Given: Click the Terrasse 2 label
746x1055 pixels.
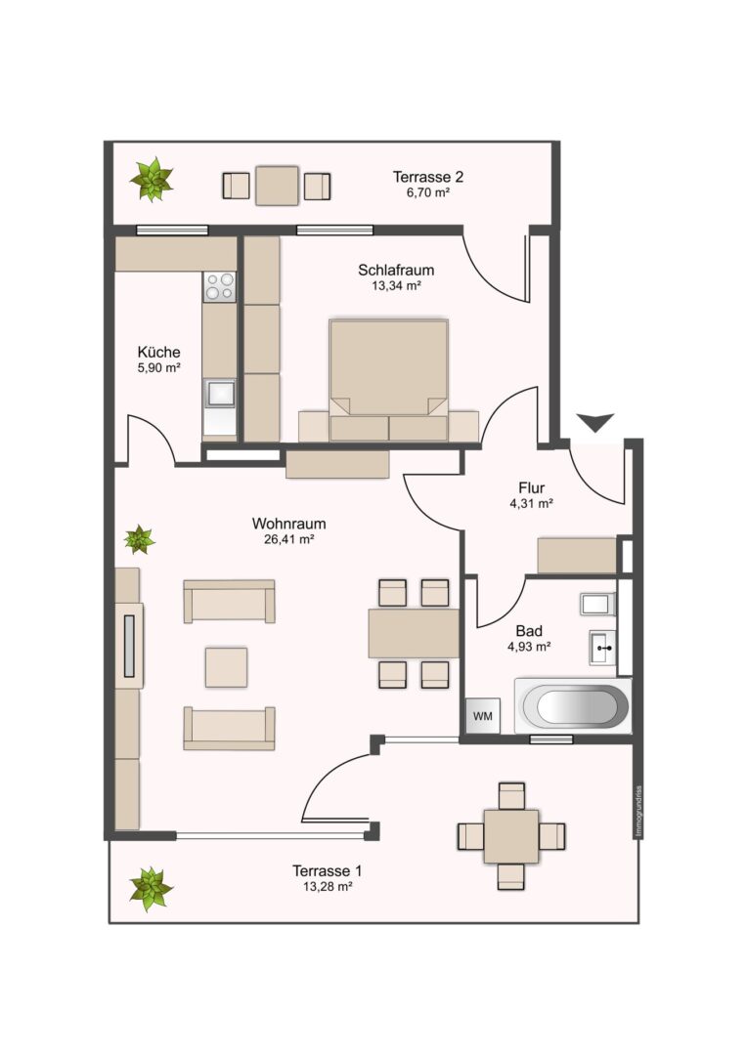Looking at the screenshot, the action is (x=427, y=177).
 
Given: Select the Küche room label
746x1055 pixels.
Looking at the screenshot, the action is (x=159, y=352).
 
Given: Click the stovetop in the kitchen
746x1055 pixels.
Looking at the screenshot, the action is (x=219, y=286).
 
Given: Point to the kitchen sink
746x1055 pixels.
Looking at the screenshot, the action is (x=219, y=393).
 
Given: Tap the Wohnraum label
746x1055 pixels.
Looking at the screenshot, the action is (x=288, y=524).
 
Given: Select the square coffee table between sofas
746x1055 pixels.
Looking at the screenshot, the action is (x=226, y=667).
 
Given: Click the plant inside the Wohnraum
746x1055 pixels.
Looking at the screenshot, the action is (x=140, y=539).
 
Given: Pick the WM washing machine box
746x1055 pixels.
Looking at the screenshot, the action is (x=483, y=716).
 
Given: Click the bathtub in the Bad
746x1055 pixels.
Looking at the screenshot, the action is (x=572, y=706).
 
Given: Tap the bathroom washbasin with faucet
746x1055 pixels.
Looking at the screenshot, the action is (x=602, y=648).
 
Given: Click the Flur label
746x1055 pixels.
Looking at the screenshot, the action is (x=531, y=487).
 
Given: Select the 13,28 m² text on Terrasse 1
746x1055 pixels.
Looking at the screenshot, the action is (x=328, y=887).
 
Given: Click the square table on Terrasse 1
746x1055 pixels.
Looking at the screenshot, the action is (x=511, y=836).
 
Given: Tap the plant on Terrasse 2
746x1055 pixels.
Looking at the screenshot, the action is (x=152, y=179).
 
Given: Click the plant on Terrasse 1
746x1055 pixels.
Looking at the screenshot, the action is (x=152, y=889).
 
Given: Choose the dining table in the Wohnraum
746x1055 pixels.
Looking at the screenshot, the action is (x=414, y=633).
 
